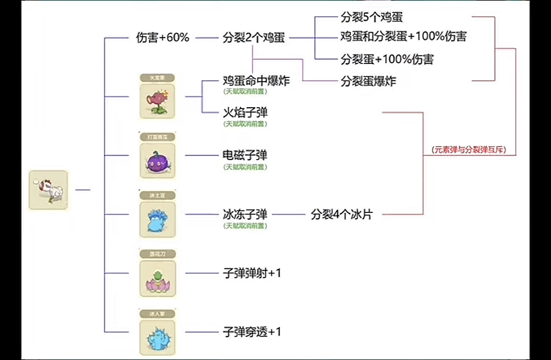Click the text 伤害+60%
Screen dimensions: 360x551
pyautogui.click(x=162, y=38)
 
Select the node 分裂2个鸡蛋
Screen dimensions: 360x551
pyautogui.click(x=254, y=38)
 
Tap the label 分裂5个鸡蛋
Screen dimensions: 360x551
pyautogui.click(x=371, y=18)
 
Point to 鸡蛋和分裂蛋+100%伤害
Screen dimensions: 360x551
pyautogui.click(x=403, y=37)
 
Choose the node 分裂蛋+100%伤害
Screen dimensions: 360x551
pyautogui.click(x=387, y=59)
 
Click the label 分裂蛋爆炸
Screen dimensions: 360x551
pyautogui.click(x=368, y=81)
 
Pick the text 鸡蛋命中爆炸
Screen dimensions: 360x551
pyautogui.click(x=256, y=80)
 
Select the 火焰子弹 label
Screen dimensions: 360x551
pyautogui.click(x=245, y=113)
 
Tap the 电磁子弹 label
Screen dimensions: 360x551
pyautogui.click(x=245, y=155)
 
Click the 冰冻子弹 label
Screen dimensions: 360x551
pyautogui.click(x=245, y=214)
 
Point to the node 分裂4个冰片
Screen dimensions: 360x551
pyautogui.click(x=341, y=214)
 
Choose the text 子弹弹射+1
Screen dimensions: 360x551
pyautogui.click(x=252, y=273)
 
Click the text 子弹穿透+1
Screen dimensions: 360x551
pyautogui.click(x=252, y=332)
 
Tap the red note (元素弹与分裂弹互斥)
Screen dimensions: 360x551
pyautogui.click(x=470, y=150)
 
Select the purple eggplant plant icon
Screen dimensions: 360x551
pyautogui.click(x=158, y=161)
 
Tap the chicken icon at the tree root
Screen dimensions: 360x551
pyautogui.click(x=48, y=190)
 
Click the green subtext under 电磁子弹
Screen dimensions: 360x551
pyautogui.click(x=245, y=167)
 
